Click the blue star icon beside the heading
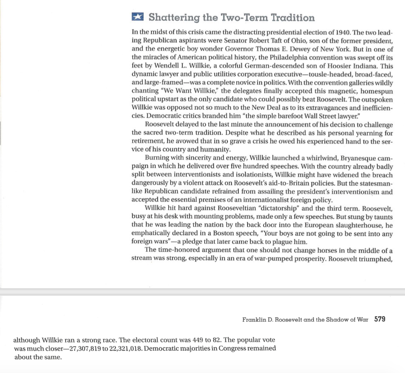click(138, 17)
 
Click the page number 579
click(380, 319)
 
